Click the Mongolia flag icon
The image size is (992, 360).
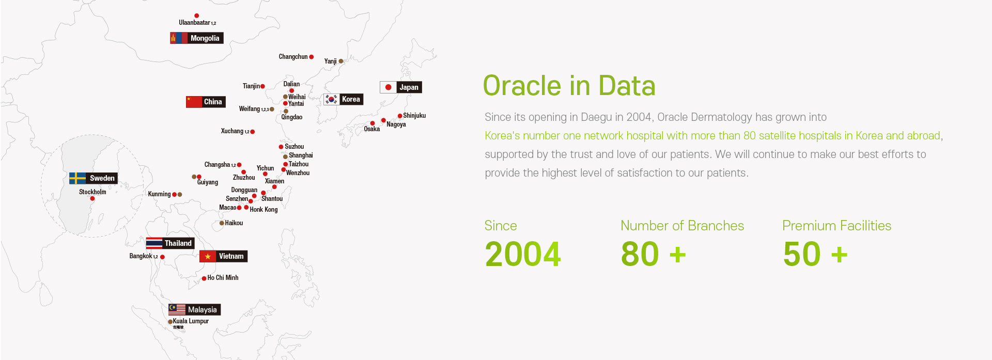pos(179,38)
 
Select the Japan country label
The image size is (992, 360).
pos(409,87)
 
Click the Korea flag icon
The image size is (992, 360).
pos(331,99)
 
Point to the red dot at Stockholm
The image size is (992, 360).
pos(92,199)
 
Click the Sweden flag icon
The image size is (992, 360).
pos(78,178)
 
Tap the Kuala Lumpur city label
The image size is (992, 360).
pos(191,321)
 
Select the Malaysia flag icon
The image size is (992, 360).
pos(177,309)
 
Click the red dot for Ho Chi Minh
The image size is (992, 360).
pos(204,278)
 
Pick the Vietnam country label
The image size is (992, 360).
pos(231,256)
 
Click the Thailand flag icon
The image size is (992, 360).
pos(154,243)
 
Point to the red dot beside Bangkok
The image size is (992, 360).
pos(162,257)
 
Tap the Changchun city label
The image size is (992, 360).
pos(293,57)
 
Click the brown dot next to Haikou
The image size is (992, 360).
pos(222,223)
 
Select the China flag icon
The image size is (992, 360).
pos(194,102)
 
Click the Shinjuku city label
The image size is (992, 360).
pos(414,116)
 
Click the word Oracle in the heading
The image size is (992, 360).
pos(522,86)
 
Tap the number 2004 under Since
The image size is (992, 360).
pos(523,254)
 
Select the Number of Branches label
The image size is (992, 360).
pos(682,226)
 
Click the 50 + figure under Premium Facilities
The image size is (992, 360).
pos(815,254)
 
